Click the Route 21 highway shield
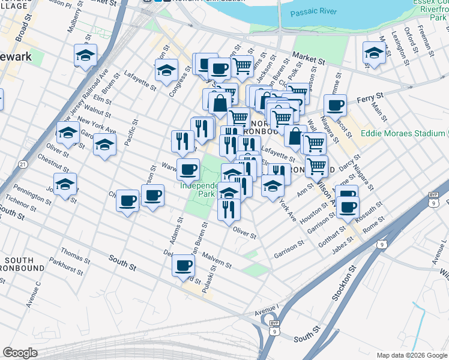click(22, 164)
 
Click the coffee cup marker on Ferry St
click(336, 106)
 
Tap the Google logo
click(20, 353)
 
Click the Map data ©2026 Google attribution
click(412, 355)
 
